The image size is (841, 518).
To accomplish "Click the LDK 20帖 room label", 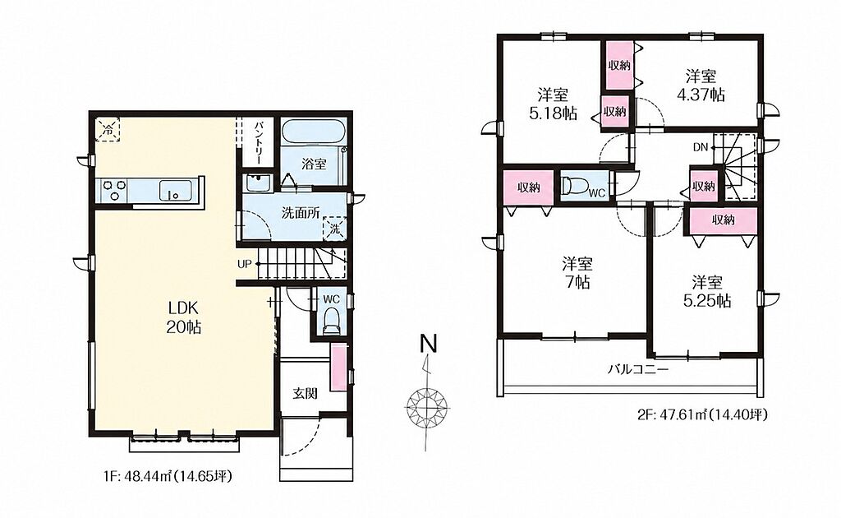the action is pyautogui.click(x=185, y=317).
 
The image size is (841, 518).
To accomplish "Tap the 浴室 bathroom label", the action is pyautogui.click(x=313, y=164).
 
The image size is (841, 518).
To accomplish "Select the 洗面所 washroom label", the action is pyautogui.click(x=301, y=213).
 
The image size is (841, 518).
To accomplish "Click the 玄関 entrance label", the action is pyautogui.click(x=305, y=394).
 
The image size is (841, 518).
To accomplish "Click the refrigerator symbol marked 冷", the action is pyautogui.click(x=108, y=129).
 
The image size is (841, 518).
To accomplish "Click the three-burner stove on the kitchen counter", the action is pyautogui.click(x=114, y=191).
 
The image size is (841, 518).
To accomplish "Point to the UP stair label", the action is pyautogui.click(x=245, y=264).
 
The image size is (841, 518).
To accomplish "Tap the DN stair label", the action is pyautogui.click(x=701, y=147).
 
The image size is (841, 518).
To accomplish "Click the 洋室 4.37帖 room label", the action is pyautogui.click(x=701, y=86).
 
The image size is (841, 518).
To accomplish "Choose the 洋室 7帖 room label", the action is pyautogui.click(x=577, y=273).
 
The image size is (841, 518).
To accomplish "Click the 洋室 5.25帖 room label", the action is pyautogui.click(x=706, y=291).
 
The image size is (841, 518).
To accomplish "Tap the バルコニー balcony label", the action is pyautogui.click(x=637, y=370).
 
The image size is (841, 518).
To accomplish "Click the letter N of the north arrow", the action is pyautogui.click(x=428, y=344).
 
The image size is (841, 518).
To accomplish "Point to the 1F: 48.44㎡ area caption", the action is pyautogui.click(x=168, y=475).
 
